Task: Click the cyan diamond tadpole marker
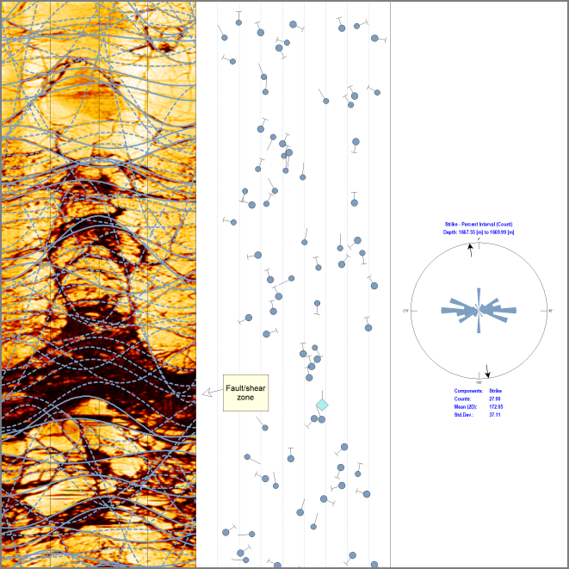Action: [322, 405]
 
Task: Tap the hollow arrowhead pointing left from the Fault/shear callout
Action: [207, 393]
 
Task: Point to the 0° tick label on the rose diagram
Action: [479, 238]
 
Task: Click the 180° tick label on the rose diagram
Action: [479, 381]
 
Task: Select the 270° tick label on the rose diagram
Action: [405, 311]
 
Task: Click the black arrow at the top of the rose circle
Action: [470, 249]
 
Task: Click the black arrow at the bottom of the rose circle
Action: [488, 371]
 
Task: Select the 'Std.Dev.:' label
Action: [464, 414]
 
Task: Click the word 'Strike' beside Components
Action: [495, 391]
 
